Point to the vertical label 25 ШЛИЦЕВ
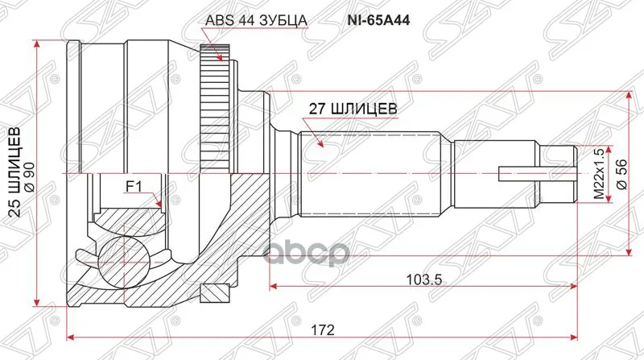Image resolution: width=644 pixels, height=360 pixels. (14, 172)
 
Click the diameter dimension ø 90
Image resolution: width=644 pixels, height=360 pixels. (29, 172)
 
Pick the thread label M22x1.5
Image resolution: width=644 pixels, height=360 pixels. (598, 173)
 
